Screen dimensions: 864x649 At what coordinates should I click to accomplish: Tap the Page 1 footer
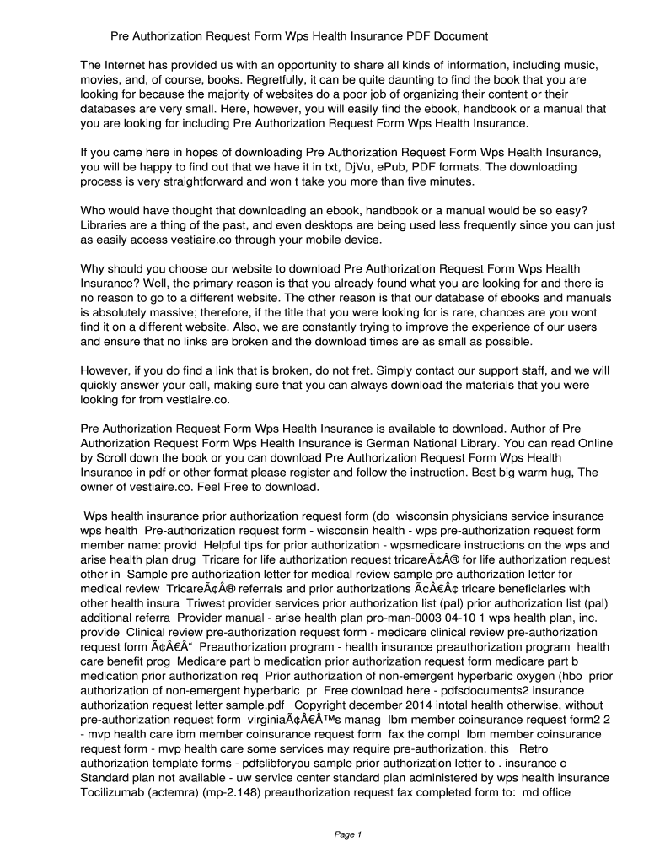(347, 835)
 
